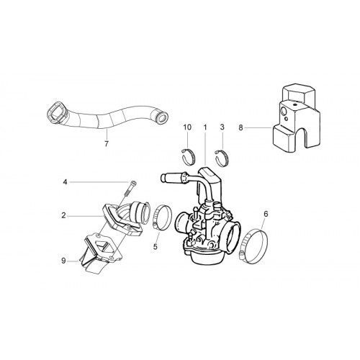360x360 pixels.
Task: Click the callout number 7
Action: (107, 144)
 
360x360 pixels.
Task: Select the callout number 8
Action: (240, 128)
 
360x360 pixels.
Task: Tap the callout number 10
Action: (187, 127)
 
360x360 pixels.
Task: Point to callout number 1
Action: (205, 127)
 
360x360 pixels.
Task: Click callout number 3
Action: (222, 127)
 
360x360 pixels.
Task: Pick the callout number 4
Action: (65, 182)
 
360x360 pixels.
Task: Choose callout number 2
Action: (63, 216)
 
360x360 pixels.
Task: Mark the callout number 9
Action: (63, 261)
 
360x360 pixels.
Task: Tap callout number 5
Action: (156, 246)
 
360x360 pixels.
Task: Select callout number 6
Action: (266, 215)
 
